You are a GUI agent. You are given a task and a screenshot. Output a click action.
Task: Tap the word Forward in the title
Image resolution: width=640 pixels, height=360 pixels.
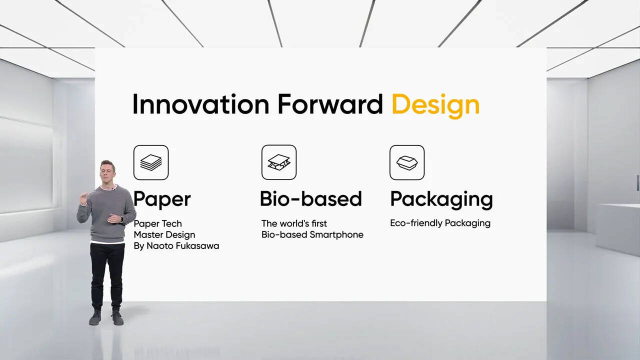pos(330,104)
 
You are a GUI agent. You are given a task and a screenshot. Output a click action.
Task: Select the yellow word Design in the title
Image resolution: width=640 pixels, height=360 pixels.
pos(435,106)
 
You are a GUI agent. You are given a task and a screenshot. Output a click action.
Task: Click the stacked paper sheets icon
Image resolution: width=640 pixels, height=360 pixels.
pos(151,162)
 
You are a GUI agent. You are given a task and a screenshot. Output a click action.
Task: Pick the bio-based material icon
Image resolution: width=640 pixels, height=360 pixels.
pos(279,162)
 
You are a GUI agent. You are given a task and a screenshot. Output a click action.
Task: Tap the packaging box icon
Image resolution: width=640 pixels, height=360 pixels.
pos(407,162)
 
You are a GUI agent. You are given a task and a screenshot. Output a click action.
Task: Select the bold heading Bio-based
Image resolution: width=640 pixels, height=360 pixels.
pos(311,199)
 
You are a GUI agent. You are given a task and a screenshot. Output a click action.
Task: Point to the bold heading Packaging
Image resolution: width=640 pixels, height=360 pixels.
pos(441,200)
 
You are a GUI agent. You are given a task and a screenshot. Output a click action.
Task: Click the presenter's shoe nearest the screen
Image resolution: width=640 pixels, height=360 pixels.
pos(117,317)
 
